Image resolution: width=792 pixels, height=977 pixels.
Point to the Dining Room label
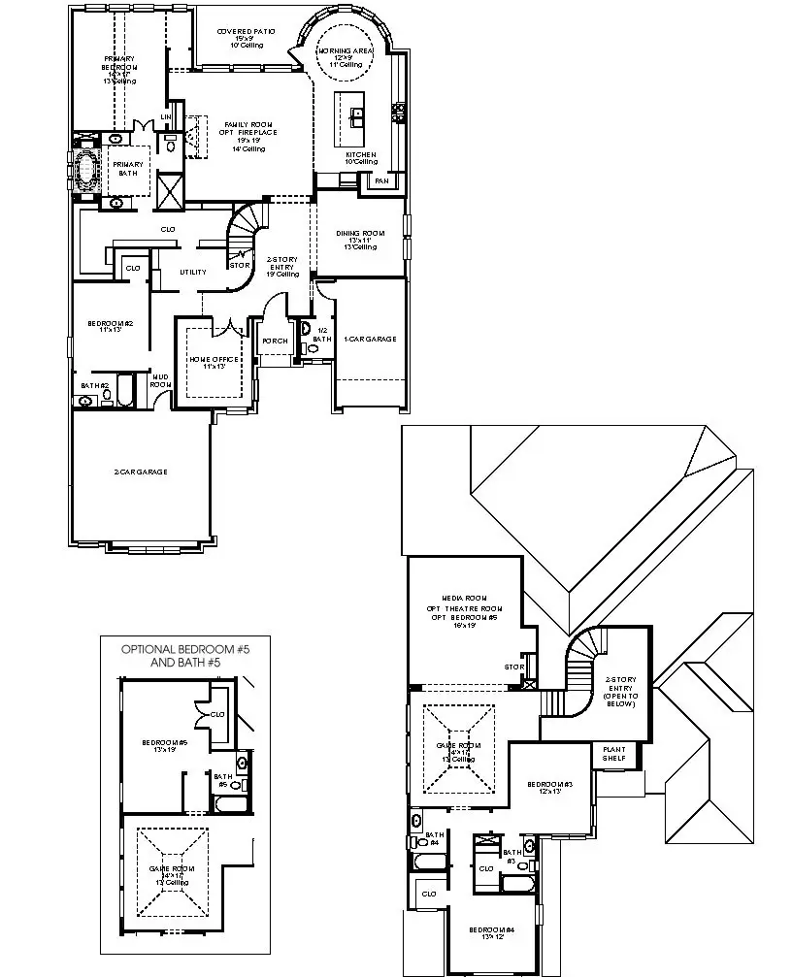coord(360,240)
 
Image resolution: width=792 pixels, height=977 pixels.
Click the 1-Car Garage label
coord(370,339)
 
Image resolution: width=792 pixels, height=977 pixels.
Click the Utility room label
coord(192,273)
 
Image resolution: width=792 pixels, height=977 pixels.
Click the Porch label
coord(274,341)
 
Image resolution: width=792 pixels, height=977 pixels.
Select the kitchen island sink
coord(357,116)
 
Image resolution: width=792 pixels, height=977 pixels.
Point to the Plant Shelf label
coord(614,755)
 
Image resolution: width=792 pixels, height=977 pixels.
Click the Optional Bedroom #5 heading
coord(184,655)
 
